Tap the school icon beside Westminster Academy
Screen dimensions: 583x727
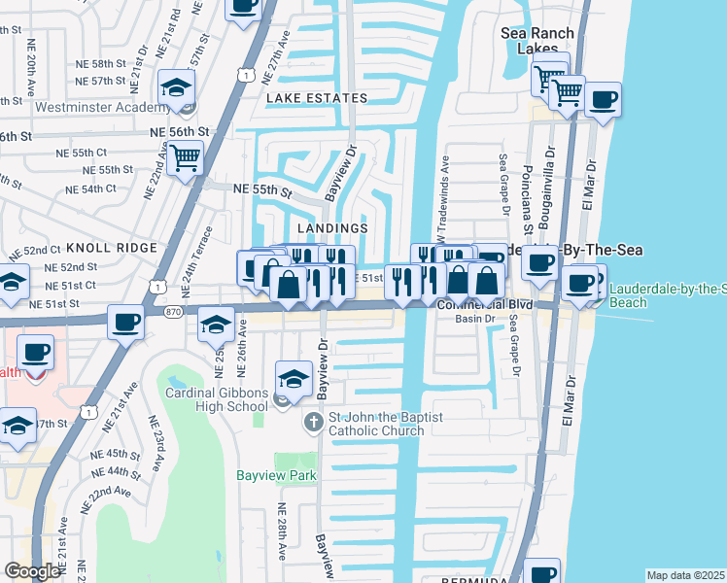(x=177, y=88)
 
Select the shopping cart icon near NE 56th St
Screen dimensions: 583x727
(x=185, y=156)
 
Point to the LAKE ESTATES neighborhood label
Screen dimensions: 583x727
(x=317, y=98)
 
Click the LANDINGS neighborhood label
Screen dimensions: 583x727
(x=331, y=228)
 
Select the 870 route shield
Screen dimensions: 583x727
(x=174, y=310)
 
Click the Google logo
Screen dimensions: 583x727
(x=32, y=571)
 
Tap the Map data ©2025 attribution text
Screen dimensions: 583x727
(x=684, y=575)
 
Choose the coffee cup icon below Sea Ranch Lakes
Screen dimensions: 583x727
(x=603, y=99)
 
